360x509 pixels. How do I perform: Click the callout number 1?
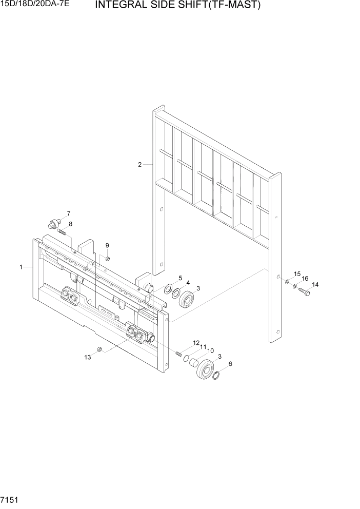(21, 267)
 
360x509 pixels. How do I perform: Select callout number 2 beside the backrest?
(139, 165)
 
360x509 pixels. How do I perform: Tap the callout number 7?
(69, 213)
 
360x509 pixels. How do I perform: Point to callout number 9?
(107, 245)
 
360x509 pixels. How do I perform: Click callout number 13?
(87, 357)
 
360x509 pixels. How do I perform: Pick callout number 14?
(315, 285)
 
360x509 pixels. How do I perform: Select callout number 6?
(230, 364)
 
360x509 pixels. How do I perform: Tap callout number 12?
(196, 342)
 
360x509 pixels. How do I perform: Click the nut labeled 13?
(101, 349)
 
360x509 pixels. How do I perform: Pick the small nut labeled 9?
(108, 258)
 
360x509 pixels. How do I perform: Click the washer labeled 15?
(287, 282)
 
